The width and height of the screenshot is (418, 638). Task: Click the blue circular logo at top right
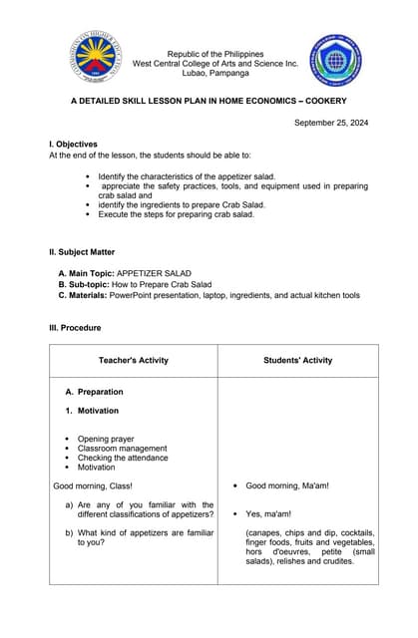tap(335, 61)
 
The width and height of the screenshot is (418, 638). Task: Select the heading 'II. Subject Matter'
tap(82, 252)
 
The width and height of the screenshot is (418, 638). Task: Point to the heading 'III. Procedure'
tap(75, 328)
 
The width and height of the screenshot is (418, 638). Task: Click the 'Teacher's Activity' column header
tap(134, 360)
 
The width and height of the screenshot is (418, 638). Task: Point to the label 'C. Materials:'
tap(84, 295)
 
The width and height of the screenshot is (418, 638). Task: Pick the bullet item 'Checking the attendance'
tap(123, 458)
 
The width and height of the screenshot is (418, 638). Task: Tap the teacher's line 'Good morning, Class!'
tap(90, 486)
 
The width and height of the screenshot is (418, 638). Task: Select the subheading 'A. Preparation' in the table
tap(94, 392)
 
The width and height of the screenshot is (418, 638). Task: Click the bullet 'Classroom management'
tap(122, 449)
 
